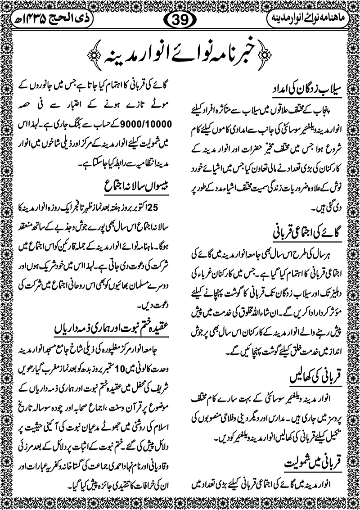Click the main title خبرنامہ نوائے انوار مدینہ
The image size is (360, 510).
[180, 54]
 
